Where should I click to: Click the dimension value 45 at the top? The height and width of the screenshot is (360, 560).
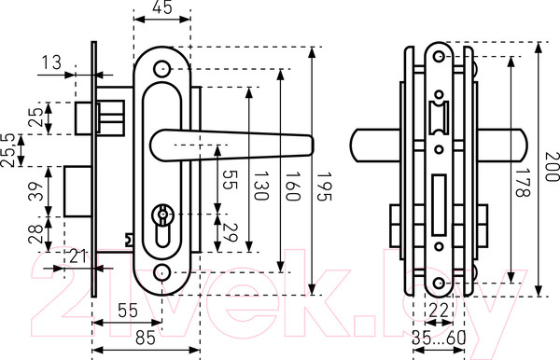(x=162, y=7)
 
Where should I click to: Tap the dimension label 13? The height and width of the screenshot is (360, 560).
(x=52, y=62)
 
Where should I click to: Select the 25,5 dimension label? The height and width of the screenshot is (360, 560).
(x=7, y=150)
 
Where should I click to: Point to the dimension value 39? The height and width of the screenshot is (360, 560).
(x=36, y=191)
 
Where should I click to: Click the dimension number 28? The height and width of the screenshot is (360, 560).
(x=36, y=234)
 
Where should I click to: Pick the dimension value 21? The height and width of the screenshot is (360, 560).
(x=77, y=256)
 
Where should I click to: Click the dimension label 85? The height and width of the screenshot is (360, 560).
(x=146, y=338)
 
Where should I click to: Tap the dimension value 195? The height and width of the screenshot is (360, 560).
(x=324, y=187)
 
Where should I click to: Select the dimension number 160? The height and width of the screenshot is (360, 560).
(x=293, y=187)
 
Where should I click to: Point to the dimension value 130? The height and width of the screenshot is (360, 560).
(x=261, y=187)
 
